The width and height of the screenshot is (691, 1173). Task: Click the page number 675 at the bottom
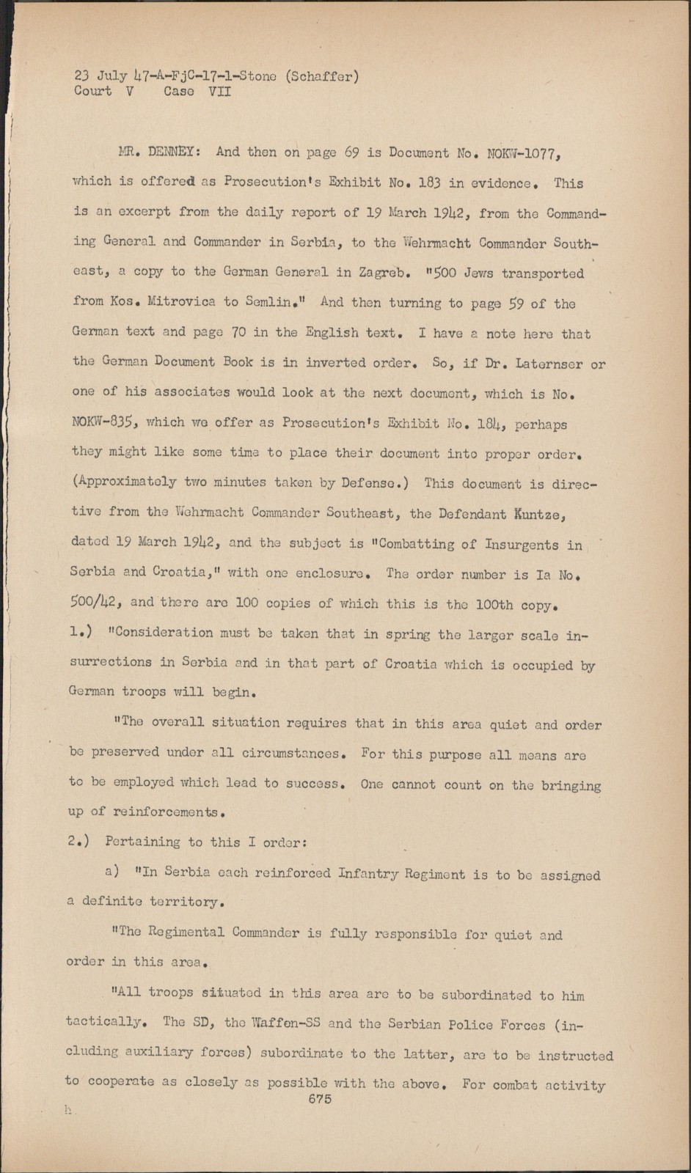point(320,1098)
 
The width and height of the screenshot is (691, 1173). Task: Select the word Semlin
point(281,302)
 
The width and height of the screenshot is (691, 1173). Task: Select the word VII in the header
point(219,92)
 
